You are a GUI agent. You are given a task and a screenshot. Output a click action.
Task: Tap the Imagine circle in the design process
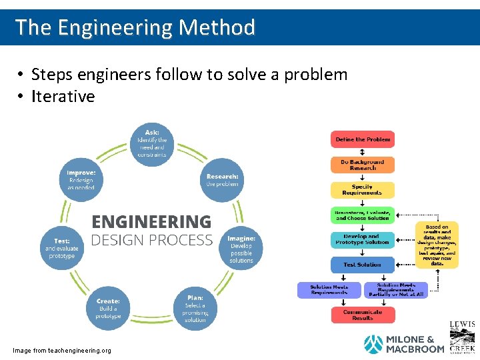241,249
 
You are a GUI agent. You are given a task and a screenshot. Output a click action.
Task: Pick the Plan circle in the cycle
195,309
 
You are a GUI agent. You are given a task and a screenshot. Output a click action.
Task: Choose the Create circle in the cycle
107,308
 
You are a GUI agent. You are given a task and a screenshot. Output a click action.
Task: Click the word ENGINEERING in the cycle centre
151,221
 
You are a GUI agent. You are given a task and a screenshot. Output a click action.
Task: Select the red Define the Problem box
363,139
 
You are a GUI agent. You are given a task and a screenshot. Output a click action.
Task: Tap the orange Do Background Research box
363,165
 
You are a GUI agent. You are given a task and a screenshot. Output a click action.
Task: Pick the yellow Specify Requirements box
363,190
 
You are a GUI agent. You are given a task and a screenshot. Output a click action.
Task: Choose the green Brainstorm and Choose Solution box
363,215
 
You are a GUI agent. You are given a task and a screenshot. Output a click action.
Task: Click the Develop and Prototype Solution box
363,239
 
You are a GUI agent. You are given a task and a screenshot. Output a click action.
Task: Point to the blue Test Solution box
363,265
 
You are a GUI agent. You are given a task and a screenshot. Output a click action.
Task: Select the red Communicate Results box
363,315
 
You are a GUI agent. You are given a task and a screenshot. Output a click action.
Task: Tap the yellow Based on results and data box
437,245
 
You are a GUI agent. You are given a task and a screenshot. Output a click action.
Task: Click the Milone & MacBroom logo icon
373,344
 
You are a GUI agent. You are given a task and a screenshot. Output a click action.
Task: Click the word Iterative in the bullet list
63,97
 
